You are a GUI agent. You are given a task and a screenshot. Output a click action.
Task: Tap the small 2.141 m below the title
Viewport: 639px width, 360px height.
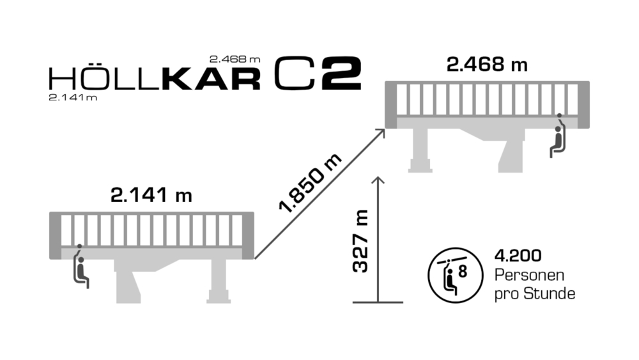(73, 98)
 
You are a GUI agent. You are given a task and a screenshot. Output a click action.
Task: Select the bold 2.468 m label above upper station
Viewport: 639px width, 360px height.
(487, 65)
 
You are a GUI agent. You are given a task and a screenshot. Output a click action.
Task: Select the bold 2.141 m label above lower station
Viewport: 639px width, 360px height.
(151, 196)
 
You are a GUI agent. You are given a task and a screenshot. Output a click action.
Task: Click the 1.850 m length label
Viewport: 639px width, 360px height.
(310, 183)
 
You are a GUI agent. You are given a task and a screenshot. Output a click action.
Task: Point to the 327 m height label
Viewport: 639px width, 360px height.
(361, 242)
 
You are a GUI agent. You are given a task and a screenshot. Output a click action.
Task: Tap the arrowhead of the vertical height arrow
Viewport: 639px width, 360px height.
(379, 180)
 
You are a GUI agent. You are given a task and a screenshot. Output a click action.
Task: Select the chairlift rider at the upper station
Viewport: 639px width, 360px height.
(558, 137)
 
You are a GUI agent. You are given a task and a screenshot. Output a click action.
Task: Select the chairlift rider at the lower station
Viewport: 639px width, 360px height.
(81, 267)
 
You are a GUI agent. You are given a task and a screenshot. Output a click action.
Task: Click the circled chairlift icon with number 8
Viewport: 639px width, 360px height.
(453, 276)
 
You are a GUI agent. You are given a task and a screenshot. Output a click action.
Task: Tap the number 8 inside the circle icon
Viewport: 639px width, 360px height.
(463, 271)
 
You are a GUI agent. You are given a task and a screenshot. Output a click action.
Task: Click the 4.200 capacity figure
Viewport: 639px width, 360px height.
(518, 256)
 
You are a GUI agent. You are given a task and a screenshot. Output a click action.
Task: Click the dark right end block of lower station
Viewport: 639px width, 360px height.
(248, 235)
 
